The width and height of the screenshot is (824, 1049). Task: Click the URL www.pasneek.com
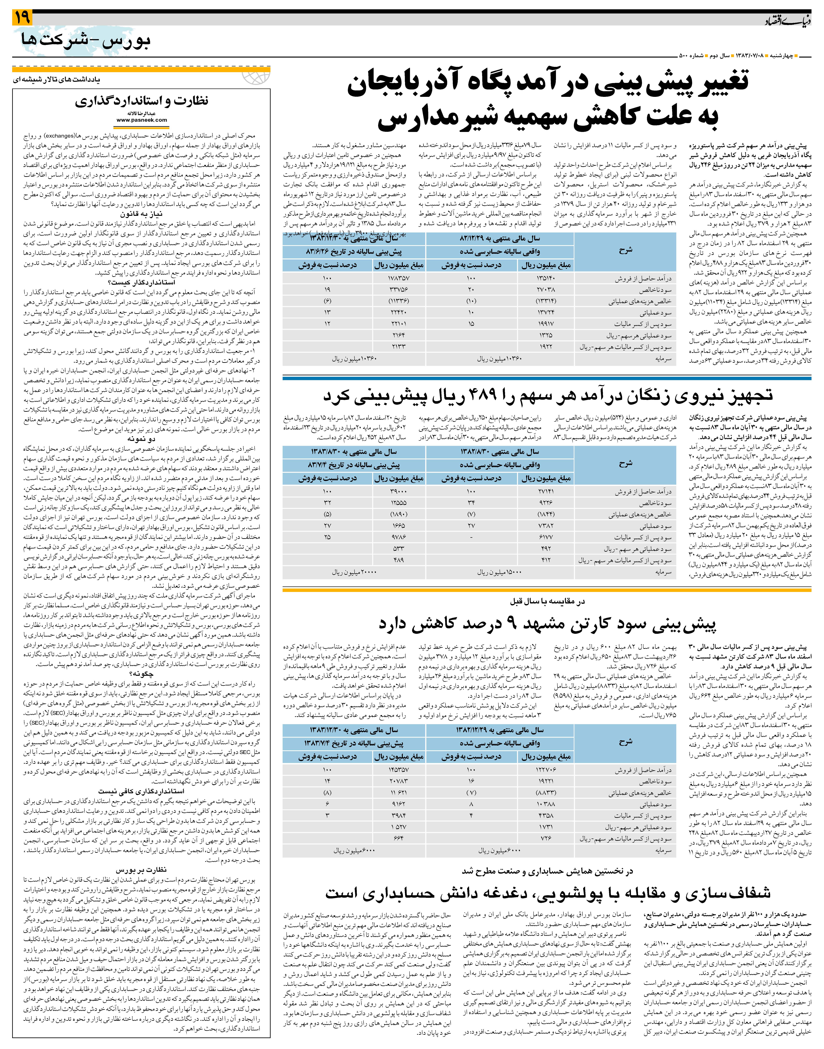pos(142,120)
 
